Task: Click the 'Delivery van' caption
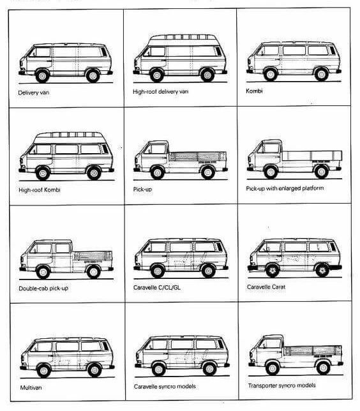pyautogui.click(x=34, y=93)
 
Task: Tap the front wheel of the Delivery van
pyautogui.click(x=42, y=76)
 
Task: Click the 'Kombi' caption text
pyautogui.click(x=254, y=91)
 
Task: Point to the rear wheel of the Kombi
pyautogui.click(x=322, y=74)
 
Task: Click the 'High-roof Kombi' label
pyautogui.click(x=40, y=190)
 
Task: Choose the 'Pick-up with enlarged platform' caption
pyautogui.click(x=285, y=188)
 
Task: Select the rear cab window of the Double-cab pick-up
pyautogui.click(x=63, y=248)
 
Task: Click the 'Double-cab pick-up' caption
pyautogui.click(x=43, y=288)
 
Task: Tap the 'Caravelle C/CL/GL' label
pyautogui.click(x=157, y=288)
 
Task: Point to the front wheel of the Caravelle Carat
pyautogui.click(x=273, y=270)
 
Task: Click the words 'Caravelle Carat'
pyautogui.click(x=266, y=287)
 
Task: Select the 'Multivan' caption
pyautogui.click(x=31, y=387)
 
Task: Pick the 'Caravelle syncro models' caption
pyautogui.click(x=165, y=386)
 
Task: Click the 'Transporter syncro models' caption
pyautogui.click(x=282, y=385)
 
